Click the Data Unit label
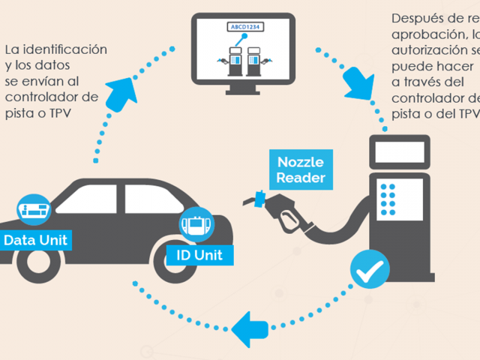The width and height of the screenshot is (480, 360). [x=36, y=240]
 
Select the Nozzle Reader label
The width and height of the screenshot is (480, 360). [x=301, y=169]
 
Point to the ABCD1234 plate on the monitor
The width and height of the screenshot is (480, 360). [x=247, y=28]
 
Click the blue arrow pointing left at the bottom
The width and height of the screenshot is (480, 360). [x=252, y=328]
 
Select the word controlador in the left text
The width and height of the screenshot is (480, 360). [x=52, y=97]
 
